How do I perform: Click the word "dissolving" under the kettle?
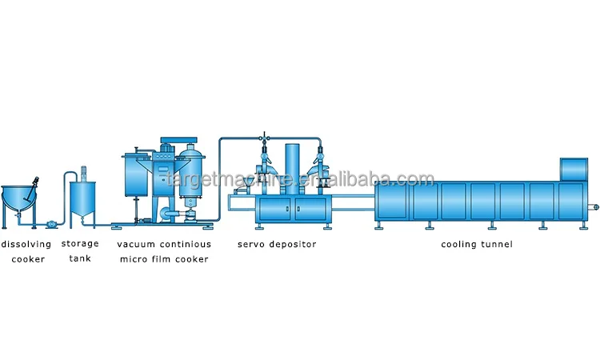(26, 244)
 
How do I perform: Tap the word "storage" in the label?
(80, 244)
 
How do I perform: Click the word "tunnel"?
(495, 244)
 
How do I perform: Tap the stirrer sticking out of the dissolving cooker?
(34, 182)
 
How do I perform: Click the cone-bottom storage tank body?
(83, 198)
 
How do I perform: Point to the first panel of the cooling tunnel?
(393, 201)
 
